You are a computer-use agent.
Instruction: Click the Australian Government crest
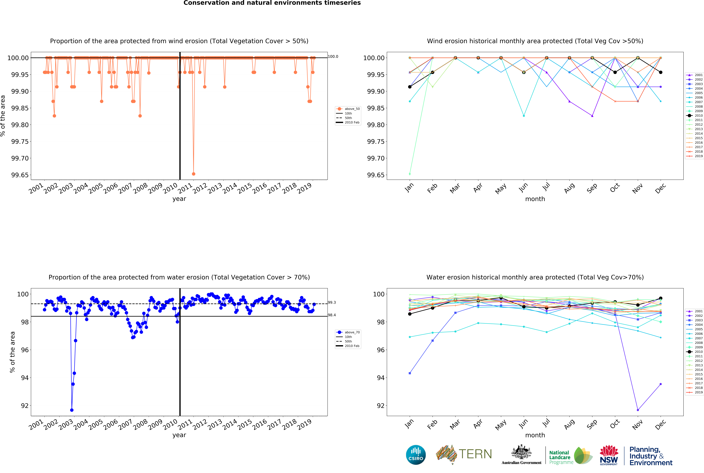(521, 452)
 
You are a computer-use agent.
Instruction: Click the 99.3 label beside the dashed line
(332, 303)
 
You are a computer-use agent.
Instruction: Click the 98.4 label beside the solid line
(332, 315)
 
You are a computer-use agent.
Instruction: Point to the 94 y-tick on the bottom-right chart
(381, 378)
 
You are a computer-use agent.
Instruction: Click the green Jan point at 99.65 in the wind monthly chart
(410, 174)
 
